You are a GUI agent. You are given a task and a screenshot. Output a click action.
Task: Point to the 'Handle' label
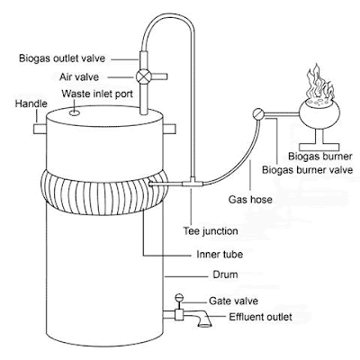(31, 104)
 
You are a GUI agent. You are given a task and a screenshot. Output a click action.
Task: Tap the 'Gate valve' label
(231, 301)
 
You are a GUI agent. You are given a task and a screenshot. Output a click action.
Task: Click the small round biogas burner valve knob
(258, 113)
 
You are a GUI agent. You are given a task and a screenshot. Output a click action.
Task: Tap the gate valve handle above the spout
(180, 298)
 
